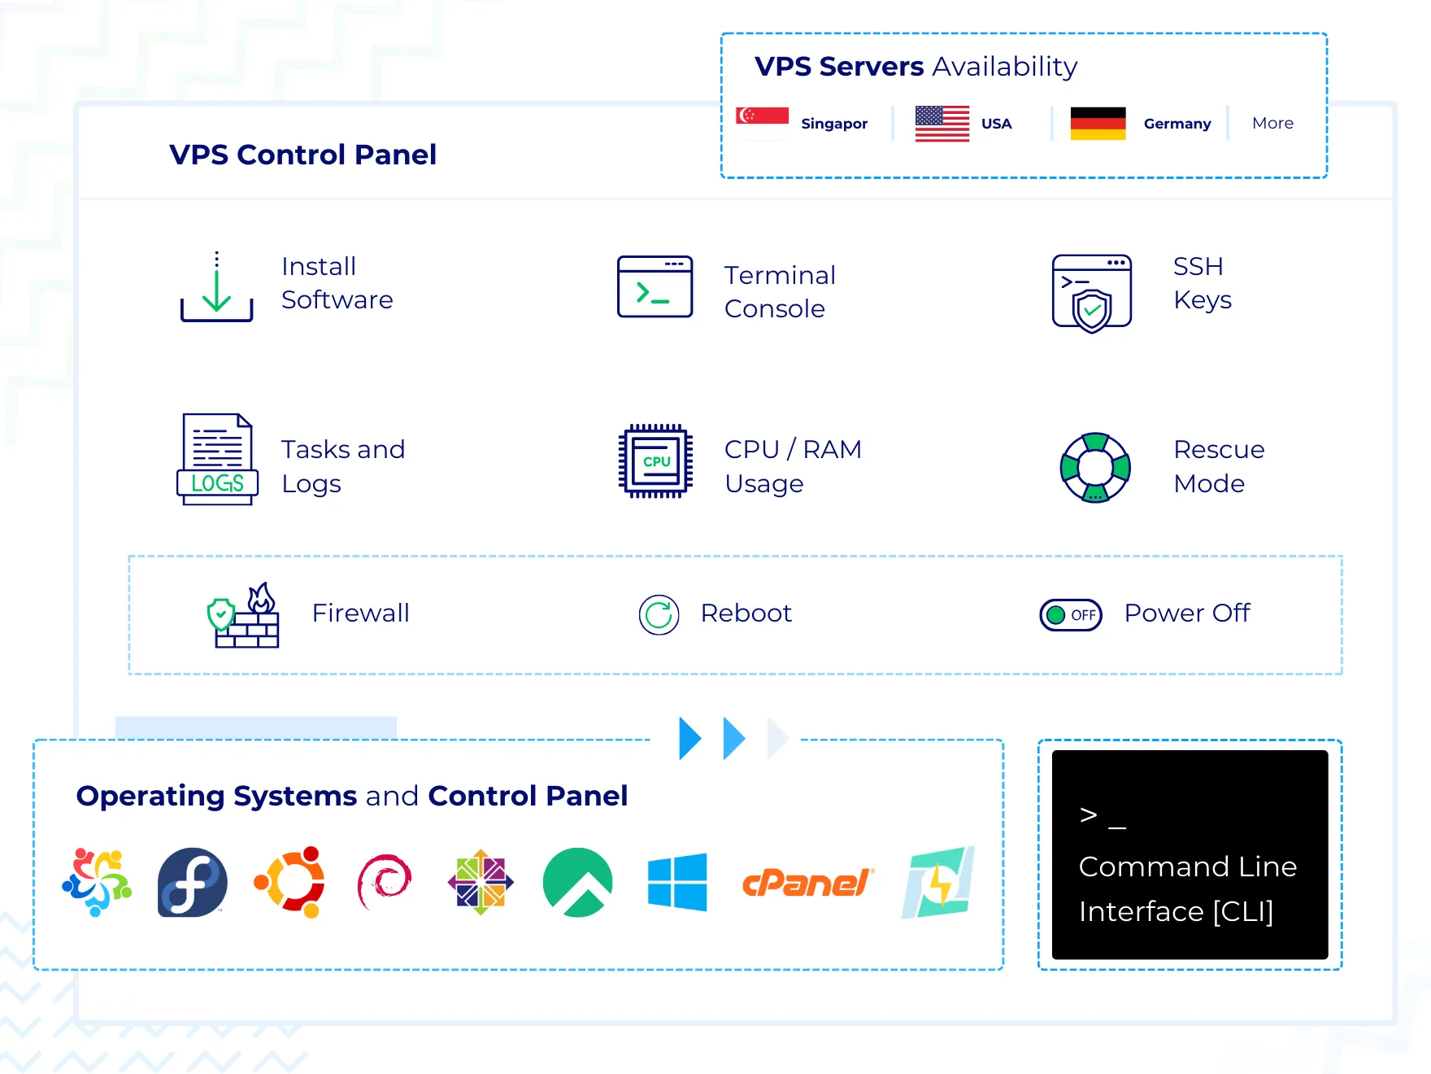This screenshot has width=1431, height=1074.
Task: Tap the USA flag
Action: tap(942, 124)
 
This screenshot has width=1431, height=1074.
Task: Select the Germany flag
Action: tap(1098, 124)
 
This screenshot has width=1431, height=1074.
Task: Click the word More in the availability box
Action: tap(1272, 123)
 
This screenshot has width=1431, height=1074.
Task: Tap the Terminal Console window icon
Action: tap(655, 286)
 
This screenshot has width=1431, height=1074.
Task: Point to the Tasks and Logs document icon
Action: tap(217, 460)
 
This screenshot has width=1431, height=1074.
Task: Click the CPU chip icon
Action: tap(655, 461)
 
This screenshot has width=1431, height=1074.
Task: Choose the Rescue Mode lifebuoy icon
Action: tap(1095, 468)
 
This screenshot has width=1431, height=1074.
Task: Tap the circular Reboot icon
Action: tap(659, 614)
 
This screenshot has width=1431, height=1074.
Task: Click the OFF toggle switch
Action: tap(1071, 614)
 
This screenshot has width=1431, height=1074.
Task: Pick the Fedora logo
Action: tap(193, 883)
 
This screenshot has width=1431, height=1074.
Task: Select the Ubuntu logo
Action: tap(289, 883)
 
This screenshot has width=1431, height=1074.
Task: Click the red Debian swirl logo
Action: tap(385, 883)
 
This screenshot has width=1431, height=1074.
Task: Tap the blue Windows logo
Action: tap(677, 883)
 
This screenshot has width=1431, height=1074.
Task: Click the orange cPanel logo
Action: tap(807, 883)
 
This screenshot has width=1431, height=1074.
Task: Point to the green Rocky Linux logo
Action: tap(577, 883)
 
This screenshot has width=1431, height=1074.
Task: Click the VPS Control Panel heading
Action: tap(302, 155)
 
